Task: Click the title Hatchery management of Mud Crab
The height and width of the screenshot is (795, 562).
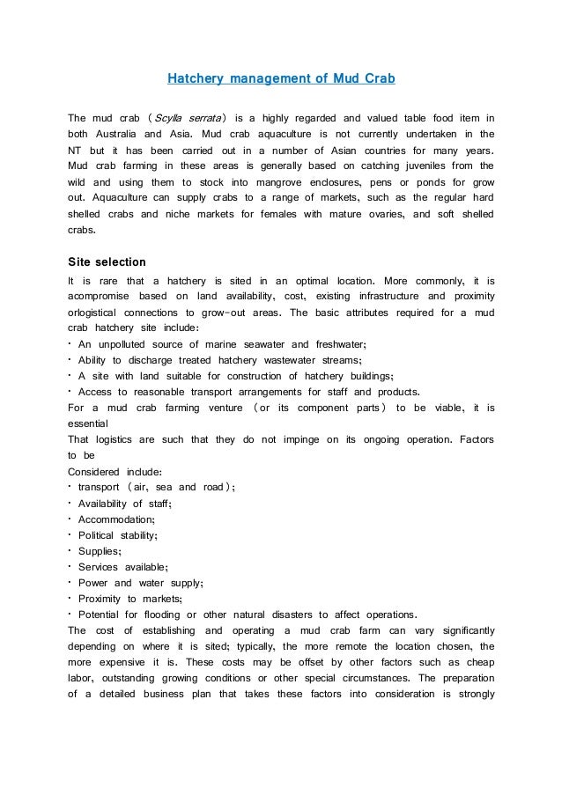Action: [x=281, y=79]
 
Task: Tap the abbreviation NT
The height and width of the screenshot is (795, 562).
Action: [x=75, y=150]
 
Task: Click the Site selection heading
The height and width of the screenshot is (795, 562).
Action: [x=107, y=261]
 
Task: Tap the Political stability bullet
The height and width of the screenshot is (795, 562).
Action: [x=118, y=534]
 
